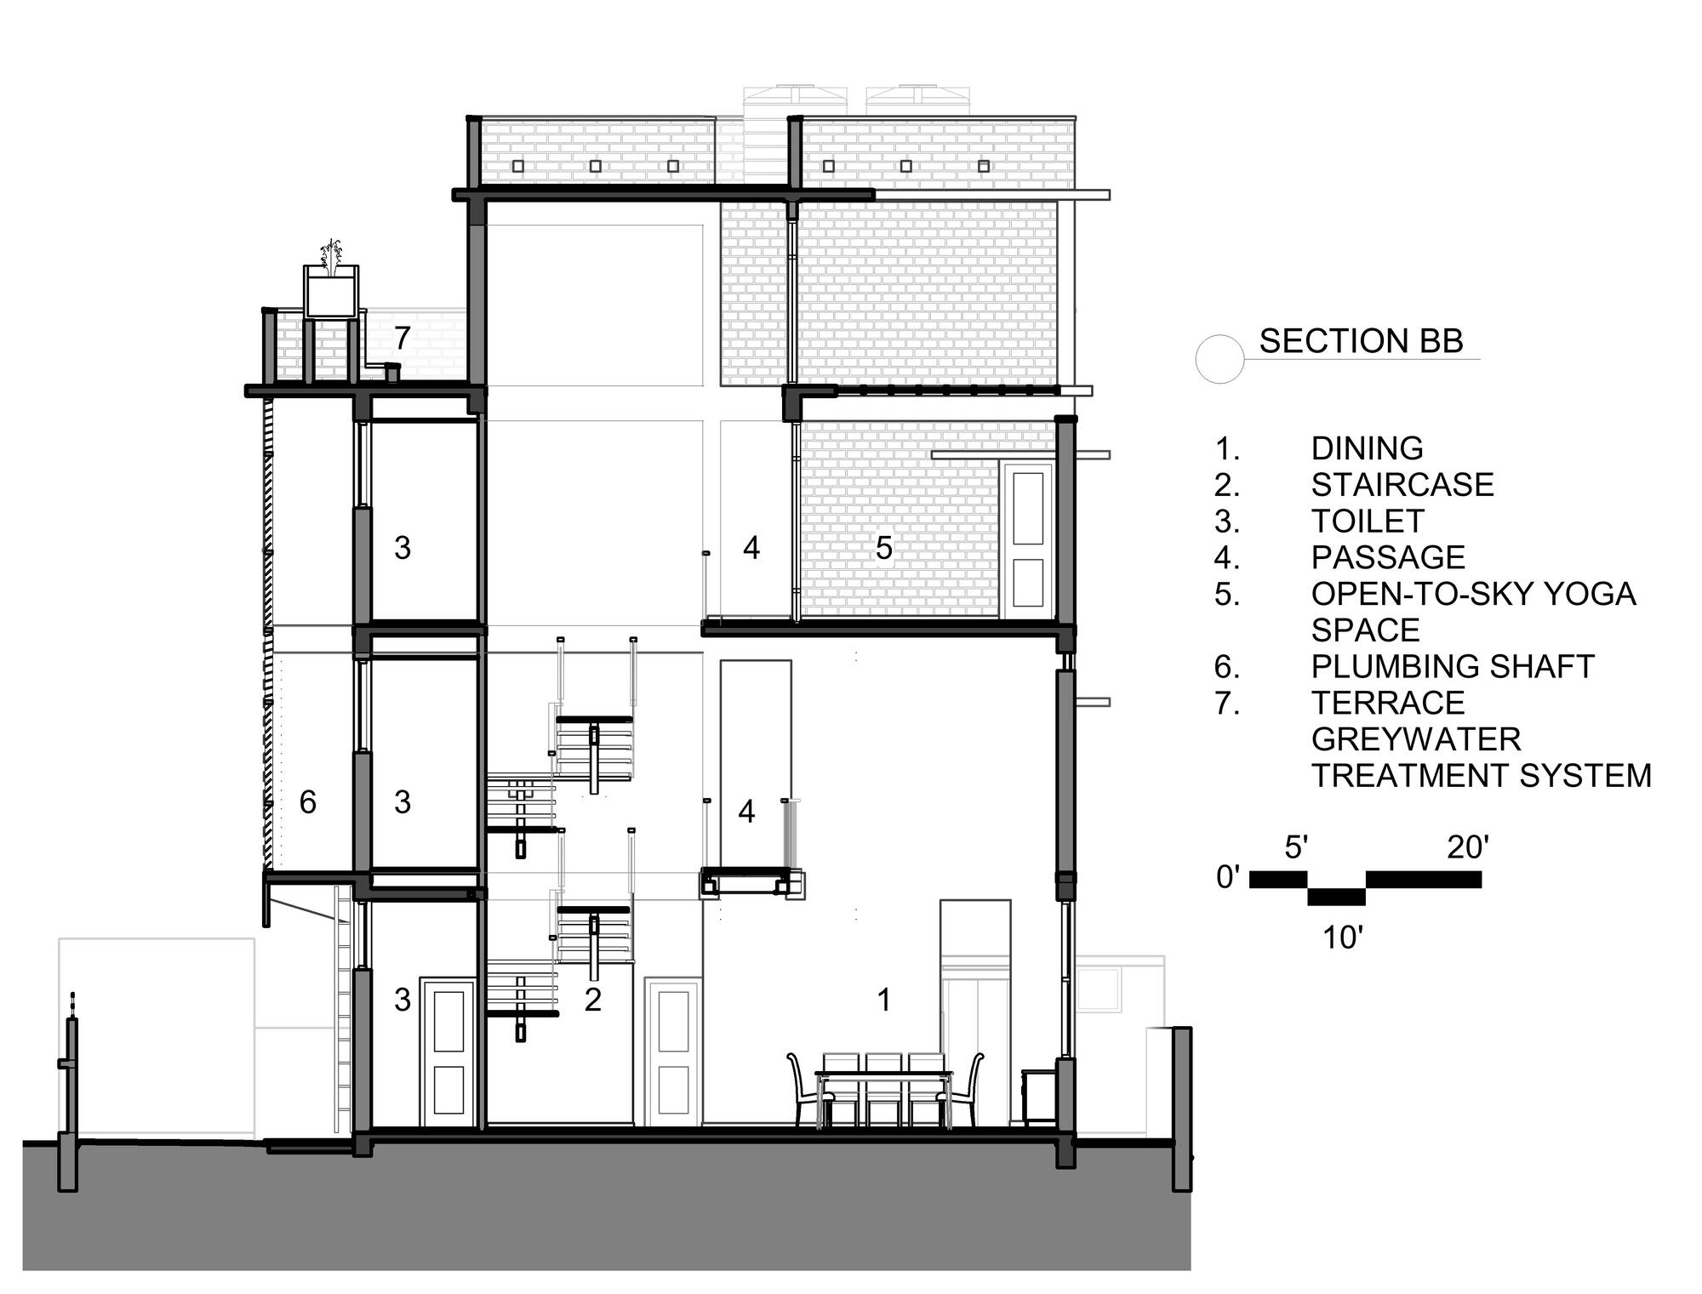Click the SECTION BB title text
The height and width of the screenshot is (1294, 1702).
(x=1361, y=341)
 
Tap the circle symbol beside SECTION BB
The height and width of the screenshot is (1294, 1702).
(x=1219, y=359)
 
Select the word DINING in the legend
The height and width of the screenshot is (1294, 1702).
(x=1367, y=448)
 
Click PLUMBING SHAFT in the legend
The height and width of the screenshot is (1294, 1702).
(x=1452, y=666)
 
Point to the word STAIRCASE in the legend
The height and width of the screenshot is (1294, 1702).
(x=1402, y=485)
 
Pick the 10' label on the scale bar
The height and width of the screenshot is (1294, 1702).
(x=1343, y=938)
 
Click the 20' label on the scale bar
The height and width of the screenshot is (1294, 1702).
(x=1468, y=848)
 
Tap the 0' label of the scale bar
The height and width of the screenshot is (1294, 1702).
(x=1228, y=877)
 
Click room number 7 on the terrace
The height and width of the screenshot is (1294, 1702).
(x=403, y=339)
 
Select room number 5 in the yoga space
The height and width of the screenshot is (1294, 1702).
(x=884, y=549)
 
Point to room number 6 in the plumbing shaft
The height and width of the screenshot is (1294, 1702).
(x=308, y=802)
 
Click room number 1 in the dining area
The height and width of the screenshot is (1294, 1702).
(x=884, y=1000)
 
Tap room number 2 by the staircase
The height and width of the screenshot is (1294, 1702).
(x=593, y=1000)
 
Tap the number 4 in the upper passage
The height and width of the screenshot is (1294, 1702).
(x=751, y=549)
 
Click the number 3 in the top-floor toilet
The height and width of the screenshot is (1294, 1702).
(x=403, y=549)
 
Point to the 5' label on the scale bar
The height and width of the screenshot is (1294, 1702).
(x=1295, y=848)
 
